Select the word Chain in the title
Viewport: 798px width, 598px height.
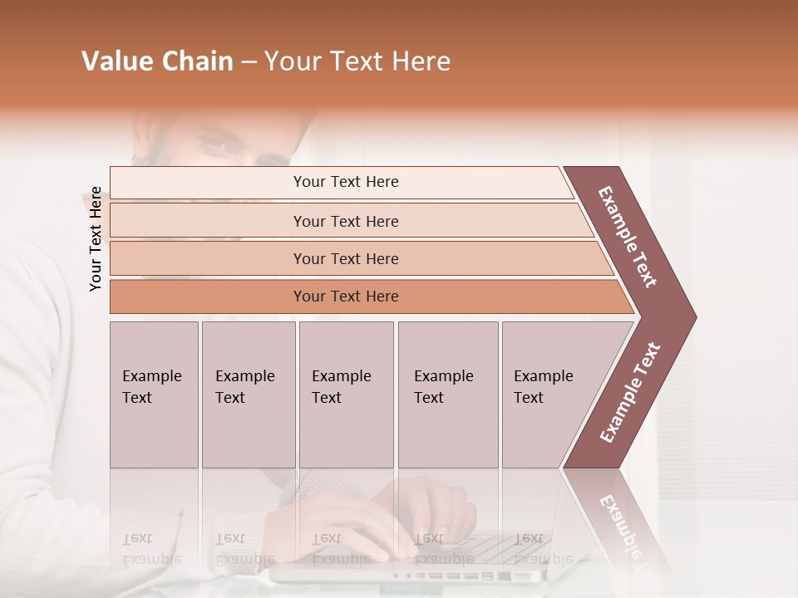pos(196,61)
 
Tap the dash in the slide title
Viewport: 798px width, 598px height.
pos(249,62)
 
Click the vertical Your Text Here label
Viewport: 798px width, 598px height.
pos(96,239)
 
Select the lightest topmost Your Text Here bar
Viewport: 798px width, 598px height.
pos(345,182)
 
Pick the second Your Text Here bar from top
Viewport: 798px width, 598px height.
pos(345,221)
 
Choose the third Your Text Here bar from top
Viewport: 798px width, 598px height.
pos(345,258)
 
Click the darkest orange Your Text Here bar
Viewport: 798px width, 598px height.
pos(345,297)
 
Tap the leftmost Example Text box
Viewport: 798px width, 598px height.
pos(154,395)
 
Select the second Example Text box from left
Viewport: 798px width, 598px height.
pos(248,395)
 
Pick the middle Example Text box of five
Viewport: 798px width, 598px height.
pos(346,395)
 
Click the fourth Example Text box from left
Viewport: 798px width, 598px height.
pos(447,395)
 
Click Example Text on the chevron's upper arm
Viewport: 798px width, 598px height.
pos(628,236)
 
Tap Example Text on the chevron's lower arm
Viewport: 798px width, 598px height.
pos(630,393)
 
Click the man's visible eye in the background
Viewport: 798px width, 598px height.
pos(219,145)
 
